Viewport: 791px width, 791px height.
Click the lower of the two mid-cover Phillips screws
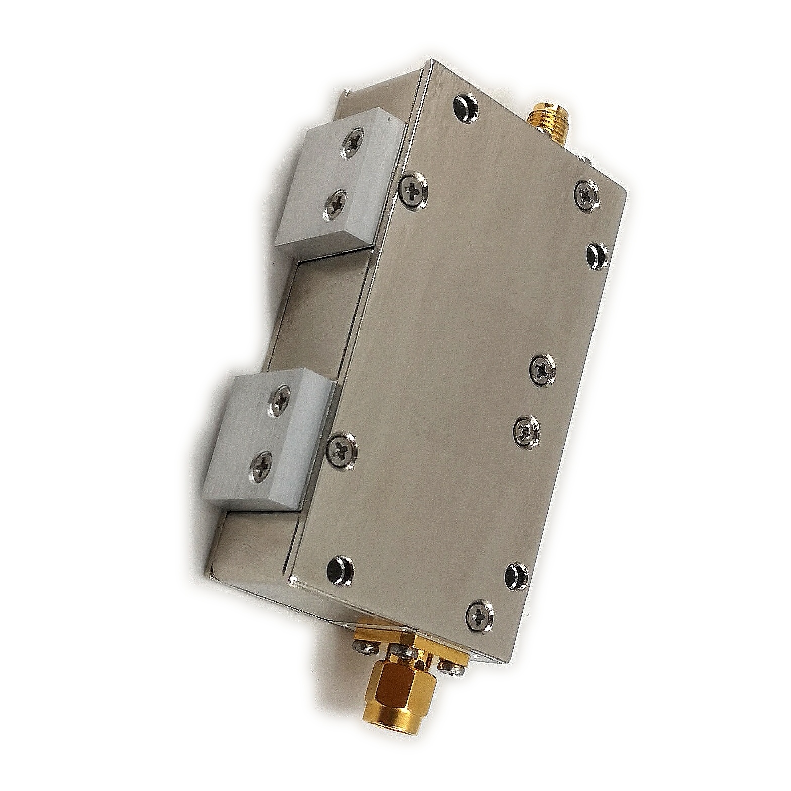526,429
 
